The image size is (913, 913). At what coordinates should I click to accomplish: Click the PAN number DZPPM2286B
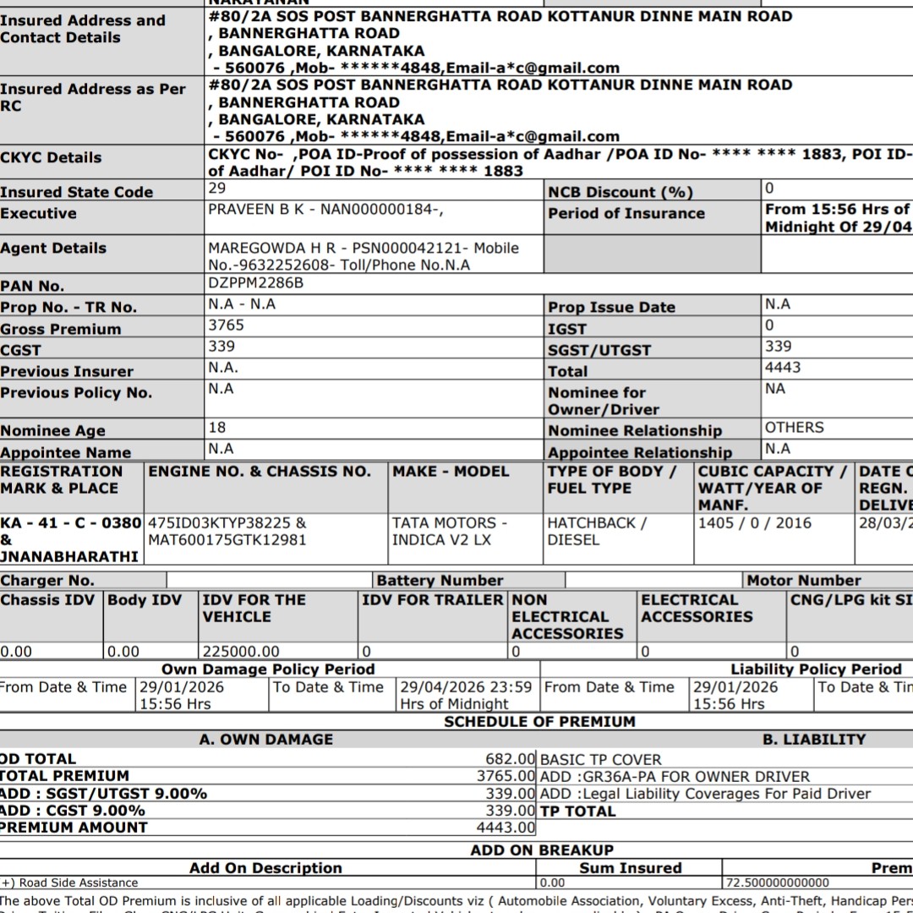click(x=255, y=283)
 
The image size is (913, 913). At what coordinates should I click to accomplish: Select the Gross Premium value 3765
click(x=226, y=325)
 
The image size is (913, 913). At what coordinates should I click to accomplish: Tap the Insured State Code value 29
click(x=216, y=189)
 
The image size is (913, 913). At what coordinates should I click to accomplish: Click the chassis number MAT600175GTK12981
click(x=227, y=539)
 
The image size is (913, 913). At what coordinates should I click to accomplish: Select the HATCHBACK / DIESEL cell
click(x=597, y=531)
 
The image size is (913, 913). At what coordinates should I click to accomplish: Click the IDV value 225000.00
click(x=241, y=652)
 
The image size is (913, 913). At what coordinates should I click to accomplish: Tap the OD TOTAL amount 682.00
click(x=511, y=759)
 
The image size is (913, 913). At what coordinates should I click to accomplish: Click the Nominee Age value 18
click(x=217, y=428)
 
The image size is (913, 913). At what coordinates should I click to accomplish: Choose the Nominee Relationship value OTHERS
click(x=794, y=428)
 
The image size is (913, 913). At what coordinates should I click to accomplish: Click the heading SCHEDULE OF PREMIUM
click(x=539, y=722)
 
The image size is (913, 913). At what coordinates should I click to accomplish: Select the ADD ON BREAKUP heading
click(x=542, y=850)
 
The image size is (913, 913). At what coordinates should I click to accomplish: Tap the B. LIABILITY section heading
click(x=814, y=740)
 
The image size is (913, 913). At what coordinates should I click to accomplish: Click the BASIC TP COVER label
click(x=600, y=759)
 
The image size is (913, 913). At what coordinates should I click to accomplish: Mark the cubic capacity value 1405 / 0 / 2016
click(x=754, y=523)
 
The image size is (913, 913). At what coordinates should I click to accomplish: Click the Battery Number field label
click(x=440, y=581)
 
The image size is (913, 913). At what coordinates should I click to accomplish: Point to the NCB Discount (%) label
click(x=621, y=193)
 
